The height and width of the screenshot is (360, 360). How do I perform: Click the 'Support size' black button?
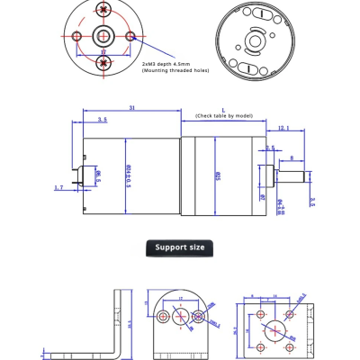[179, 247]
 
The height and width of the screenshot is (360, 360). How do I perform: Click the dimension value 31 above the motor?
[131, 108]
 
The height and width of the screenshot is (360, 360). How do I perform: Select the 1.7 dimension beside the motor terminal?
[59, 188]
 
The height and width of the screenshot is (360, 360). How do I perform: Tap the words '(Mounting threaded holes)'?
[175, 70]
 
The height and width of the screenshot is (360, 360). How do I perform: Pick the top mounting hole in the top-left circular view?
[104, 9]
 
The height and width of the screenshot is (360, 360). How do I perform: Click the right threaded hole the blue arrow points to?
[131, 37]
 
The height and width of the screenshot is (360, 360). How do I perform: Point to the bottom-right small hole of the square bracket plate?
[289, 344]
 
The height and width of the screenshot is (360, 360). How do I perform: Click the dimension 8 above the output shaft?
[292, 158]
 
